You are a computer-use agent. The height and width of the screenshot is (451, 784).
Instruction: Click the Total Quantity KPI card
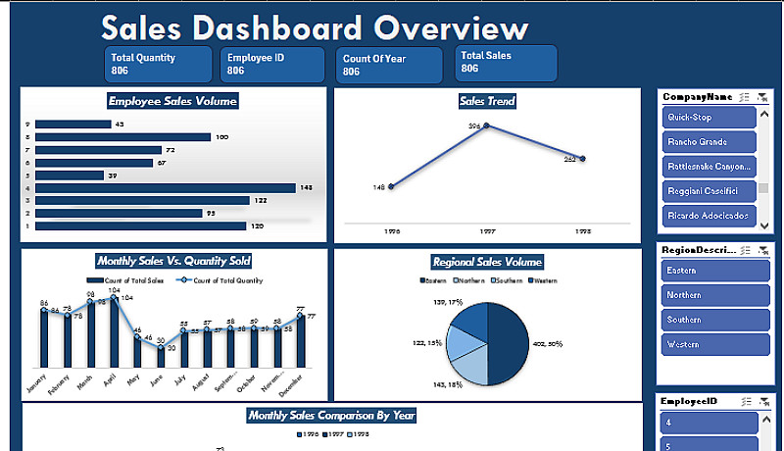[x=158, y=64]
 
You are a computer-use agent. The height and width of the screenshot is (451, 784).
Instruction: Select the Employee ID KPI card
[x=272, y=64]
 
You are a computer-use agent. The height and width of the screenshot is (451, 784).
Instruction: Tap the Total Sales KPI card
[x=506, y=63]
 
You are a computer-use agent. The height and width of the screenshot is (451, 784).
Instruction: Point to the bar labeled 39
[x=70, y=175]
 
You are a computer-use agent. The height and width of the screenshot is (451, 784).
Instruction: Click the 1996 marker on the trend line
[x=391, y=186]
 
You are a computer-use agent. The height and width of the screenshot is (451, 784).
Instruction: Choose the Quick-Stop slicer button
[x=710, y=117]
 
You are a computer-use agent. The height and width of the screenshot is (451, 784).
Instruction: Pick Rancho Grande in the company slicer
[x=710, y=141]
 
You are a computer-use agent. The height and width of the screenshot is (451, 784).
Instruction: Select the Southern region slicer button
[x=710, y=320]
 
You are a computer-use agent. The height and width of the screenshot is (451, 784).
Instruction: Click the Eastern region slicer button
[x=710, y=270]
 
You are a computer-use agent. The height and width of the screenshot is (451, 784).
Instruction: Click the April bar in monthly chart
[x=114, y=333]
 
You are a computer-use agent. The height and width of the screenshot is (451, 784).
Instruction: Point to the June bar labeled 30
[x=161, y=358]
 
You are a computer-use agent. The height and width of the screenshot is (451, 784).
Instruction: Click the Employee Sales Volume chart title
[x=173, y=100]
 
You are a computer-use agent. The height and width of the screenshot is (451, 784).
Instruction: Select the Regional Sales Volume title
[x=487, y=262]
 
